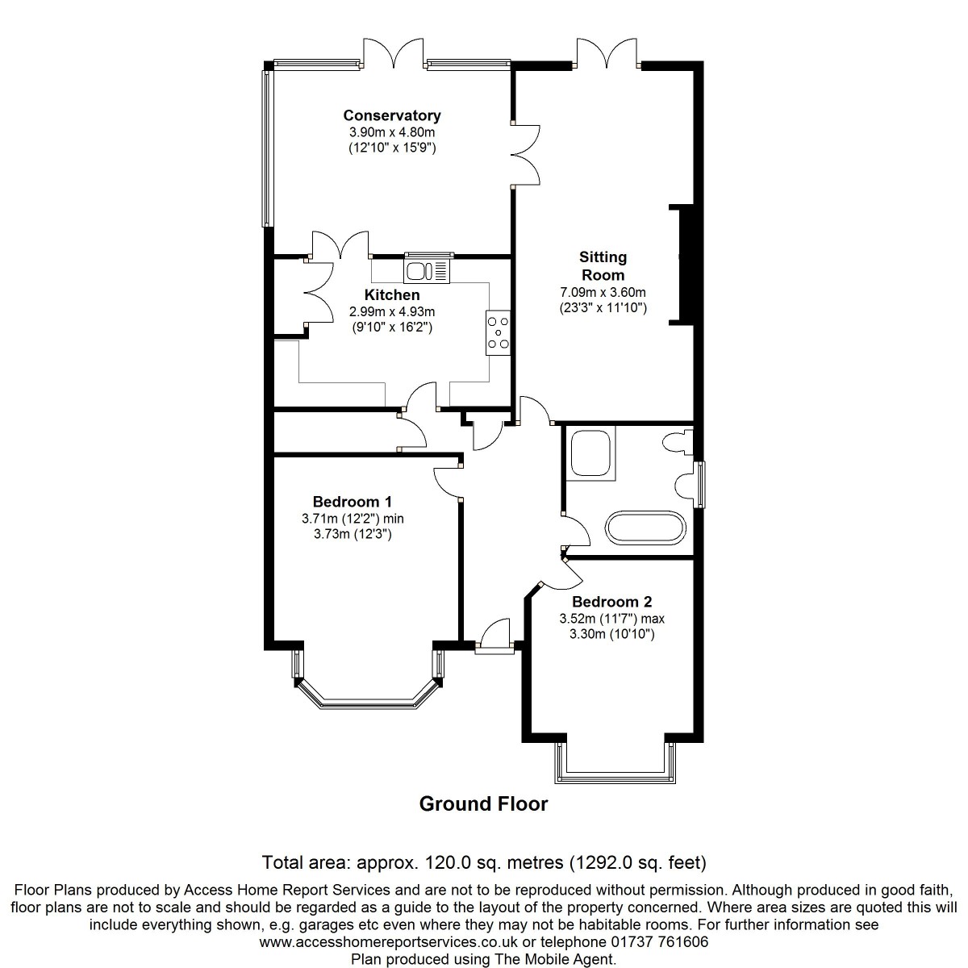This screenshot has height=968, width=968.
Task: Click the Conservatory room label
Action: coord(392,115)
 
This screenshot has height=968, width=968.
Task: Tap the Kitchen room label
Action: coord(392,295)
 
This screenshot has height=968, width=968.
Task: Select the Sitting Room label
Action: coord(603,266)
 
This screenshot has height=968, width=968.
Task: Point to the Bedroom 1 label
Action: coord(353,501)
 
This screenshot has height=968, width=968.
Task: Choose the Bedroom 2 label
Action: coord(611,601)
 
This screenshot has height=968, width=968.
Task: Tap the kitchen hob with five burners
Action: coord(498,332)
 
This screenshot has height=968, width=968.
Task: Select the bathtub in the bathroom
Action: coord(645,528)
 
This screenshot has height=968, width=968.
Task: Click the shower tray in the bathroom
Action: coord(590,453)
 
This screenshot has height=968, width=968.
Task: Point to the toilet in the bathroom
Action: coord(678,442)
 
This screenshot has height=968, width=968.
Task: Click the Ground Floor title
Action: coord(483,803)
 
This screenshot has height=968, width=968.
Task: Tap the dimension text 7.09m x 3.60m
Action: coord(603,292)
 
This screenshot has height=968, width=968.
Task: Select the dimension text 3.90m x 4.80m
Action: coord(392,132)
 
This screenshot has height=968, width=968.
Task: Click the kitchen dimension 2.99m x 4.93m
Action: coord(392,312)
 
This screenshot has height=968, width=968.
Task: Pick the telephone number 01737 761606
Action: coord(660,941)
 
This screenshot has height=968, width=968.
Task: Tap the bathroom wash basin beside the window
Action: coord(684,486)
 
